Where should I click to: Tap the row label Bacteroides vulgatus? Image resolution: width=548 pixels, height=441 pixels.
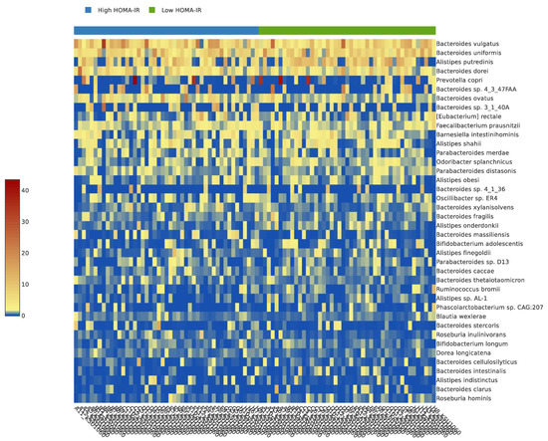coord(468,44)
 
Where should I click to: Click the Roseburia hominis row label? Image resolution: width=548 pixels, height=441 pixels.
coord(467,398)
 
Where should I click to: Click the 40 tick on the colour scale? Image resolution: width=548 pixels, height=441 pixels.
coord(28,188)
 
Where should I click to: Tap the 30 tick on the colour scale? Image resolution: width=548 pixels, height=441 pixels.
coord(28,220)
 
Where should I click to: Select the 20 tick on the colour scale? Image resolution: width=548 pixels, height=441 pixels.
coord(28,252)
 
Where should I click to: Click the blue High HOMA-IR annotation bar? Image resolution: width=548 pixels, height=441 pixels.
coord(165,30)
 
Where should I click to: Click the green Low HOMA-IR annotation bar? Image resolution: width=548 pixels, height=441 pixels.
coord(346,30)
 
